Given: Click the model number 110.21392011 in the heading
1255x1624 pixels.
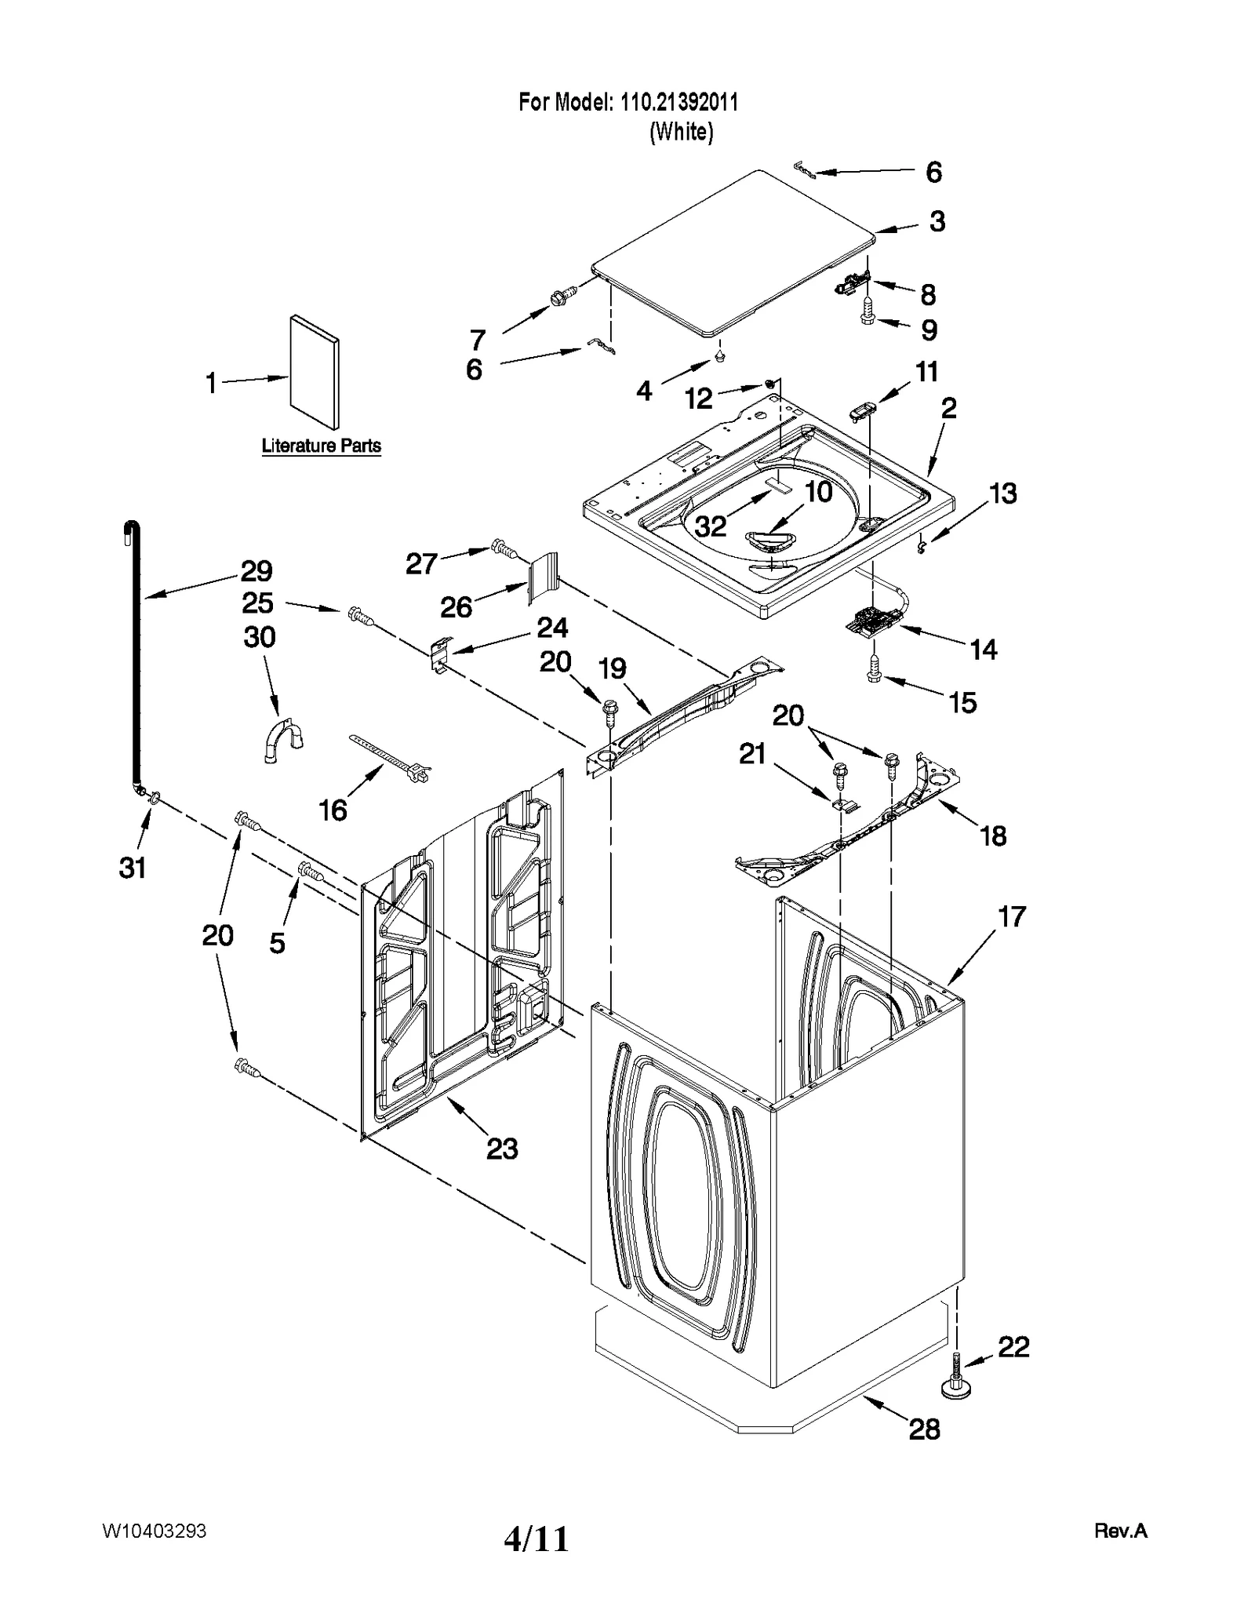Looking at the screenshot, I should [679, 102].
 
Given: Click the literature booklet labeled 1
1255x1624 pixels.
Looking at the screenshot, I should [314, 373].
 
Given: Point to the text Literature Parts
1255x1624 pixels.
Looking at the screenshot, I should [321, 446].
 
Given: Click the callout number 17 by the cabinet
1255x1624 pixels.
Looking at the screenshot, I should [1012, 916].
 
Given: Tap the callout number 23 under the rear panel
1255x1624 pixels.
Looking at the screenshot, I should [502, 1149].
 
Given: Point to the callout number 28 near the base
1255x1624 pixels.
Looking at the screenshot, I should [924, 1429].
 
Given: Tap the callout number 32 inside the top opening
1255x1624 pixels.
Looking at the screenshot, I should [711, 526].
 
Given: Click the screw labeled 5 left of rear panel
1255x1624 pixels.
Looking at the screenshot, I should [311, 871].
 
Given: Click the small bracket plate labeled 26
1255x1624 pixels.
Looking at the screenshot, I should [542, 577].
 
